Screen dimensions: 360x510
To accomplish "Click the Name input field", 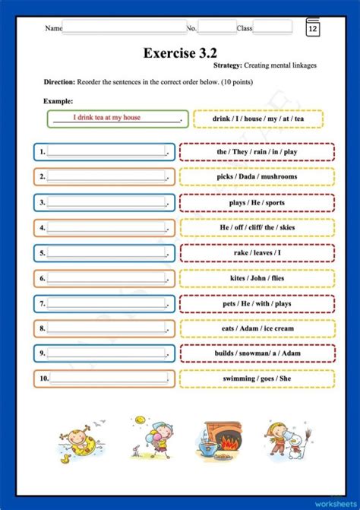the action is [x=124, y=27].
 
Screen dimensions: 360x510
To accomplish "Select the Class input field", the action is [x=272, y=27].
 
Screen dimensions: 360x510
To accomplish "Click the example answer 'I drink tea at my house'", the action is [x=117, y=118].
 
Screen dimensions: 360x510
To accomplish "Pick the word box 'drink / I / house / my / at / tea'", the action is [x=257, y=119].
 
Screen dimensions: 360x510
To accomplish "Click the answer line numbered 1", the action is [x=106, y=151].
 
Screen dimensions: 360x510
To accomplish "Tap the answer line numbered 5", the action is [x=106, y=253].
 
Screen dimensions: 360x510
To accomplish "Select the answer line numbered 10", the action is [x=106, y=378].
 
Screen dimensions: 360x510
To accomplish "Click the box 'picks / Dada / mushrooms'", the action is [x=257, y=177].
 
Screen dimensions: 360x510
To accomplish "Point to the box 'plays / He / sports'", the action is [x=257, y=203].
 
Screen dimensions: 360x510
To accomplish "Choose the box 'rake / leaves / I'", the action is [x=257, y=253].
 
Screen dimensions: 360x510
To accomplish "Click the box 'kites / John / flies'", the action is [x=257, y=278].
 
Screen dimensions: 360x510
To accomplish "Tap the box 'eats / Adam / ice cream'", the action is [x=257, y=328].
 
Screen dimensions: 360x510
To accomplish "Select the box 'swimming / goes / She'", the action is [x=257, y=379].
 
